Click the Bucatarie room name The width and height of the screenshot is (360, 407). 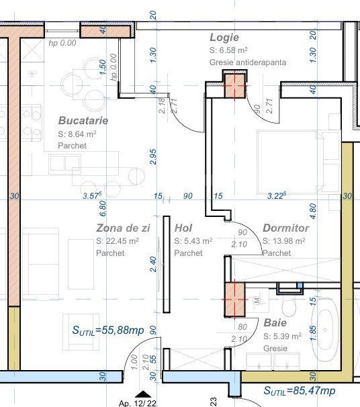click(x=83, y=121)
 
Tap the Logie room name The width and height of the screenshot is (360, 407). click(x=224, y=38)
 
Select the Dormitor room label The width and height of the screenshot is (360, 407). click(x=285, y=228)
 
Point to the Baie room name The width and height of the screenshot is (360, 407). click(x=275, y=323)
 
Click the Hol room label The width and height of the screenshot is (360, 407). click(x=183, y=228)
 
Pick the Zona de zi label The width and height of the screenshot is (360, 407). click(x=123, y=228)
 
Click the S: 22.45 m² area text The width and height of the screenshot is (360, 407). click(x=118, y=241)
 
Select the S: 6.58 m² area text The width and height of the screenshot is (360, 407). click(x=228, y=50)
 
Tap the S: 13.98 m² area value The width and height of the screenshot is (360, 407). click(x=283, y=241)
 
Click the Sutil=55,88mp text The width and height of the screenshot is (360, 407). click(x=108, y=330)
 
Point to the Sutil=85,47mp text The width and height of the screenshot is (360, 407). click(x=300, y=390)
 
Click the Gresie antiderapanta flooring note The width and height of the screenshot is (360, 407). click(x=248, y=62)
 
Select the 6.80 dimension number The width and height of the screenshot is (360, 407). click(x=103, y=208)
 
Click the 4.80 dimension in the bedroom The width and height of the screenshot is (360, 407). click(x=313, y=211)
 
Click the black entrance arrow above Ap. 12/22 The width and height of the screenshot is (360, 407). click(x=143, y=394)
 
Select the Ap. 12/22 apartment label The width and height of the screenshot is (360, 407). click(x=138, y=403)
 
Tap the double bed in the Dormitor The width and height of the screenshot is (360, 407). click(x=298, y=163)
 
